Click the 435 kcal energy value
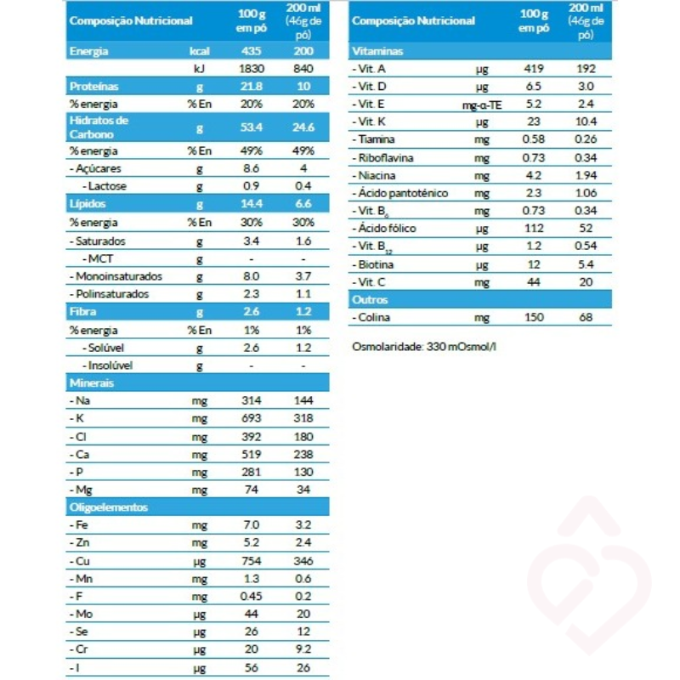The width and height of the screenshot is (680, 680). click(250, 51)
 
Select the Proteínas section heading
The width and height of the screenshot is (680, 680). click(93, 87)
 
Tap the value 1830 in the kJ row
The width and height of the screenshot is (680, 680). click(250, 68)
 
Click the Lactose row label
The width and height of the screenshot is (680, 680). click(107, 186)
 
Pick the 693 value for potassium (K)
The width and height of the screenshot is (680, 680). click(250, 419)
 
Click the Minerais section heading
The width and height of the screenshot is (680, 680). click(92, 383)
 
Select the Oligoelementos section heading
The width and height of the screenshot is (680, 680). click(108, 507)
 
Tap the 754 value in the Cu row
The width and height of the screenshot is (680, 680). click(250, 561)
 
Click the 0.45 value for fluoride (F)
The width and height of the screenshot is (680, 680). click(250, 597)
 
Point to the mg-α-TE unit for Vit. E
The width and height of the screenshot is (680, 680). click(481, 105)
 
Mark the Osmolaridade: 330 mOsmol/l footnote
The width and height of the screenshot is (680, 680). click(423, 348)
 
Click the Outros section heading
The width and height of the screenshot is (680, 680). click(370, 300)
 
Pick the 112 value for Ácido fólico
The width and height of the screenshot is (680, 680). click(535, 229)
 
